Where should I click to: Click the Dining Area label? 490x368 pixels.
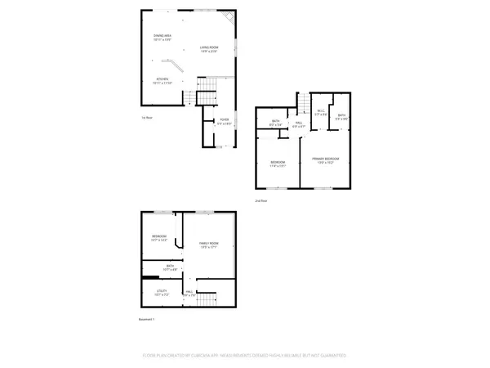(162, 38)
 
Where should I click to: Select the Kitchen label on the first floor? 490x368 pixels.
(162, 80)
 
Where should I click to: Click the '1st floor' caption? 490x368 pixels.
(145, 118)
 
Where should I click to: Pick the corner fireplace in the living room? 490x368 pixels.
(231, 16)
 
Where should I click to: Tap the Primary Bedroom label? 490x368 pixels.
(325, 159)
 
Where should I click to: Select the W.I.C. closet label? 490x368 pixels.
(320, 114)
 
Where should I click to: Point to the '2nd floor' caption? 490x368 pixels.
(261, 200)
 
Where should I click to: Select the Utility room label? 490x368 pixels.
(162, 291)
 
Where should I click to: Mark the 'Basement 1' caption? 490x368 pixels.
(147, 319)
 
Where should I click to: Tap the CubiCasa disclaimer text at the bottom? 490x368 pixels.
(245, 356)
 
